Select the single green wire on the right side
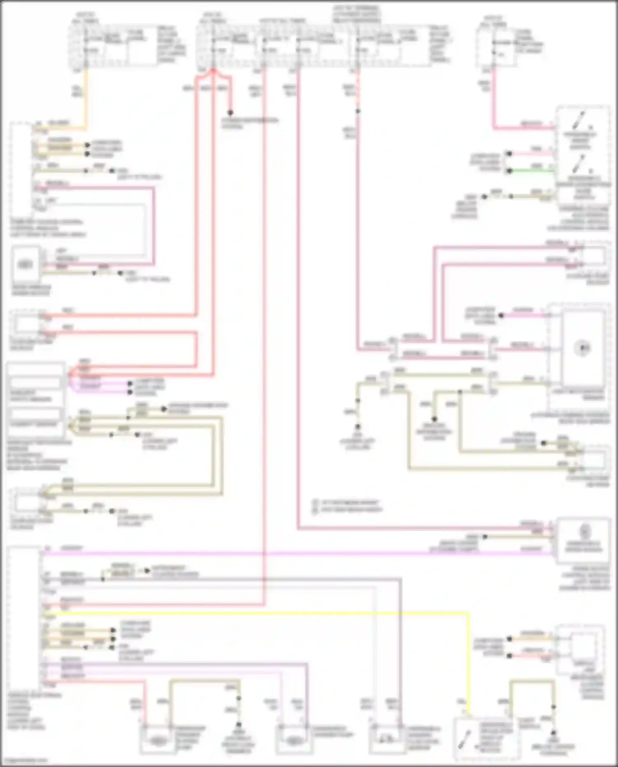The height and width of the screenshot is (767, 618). tap(531, 170)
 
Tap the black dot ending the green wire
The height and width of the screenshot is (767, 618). tap(510, 170)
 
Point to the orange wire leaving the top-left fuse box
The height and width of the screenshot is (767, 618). tap(85, 95)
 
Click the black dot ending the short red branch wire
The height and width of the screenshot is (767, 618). tap(231, 113)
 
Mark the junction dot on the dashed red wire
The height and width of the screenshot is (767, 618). tap(358, 111)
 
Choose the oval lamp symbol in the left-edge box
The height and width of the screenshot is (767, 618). tap(25, 264)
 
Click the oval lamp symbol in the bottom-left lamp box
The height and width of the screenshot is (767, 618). tap(157, 741)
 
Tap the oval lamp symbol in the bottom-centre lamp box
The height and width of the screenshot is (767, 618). tap(293, 741)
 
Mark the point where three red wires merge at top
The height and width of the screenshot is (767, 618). tap(213, 71)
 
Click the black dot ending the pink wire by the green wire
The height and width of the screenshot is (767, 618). tap(510, 154)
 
